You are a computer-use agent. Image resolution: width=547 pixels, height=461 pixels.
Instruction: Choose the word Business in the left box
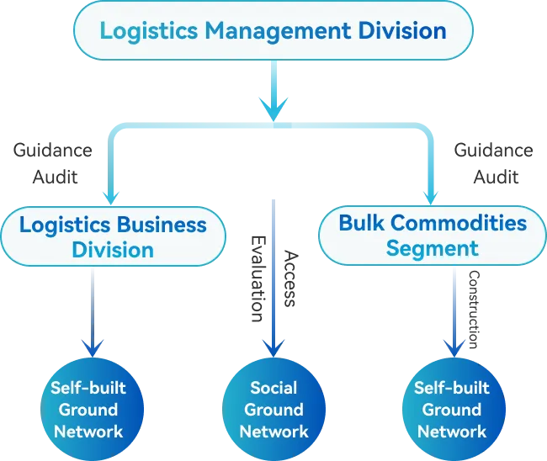tap(161, 225)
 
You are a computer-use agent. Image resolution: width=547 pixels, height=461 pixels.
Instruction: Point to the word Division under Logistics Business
tap(113, 250)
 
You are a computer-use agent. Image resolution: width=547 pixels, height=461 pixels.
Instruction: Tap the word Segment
tap(433, 248)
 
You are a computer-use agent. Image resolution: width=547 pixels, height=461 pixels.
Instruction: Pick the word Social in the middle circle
tap(273, 388)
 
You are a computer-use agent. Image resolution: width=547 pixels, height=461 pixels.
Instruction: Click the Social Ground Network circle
tap(273, 410)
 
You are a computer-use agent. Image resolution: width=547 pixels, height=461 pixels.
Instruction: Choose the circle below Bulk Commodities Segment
tap(452, 410)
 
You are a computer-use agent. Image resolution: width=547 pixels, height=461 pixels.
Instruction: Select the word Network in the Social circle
tap(273, 432)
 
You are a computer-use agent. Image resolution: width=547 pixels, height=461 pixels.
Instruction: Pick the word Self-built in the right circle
tap(452, 388)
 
